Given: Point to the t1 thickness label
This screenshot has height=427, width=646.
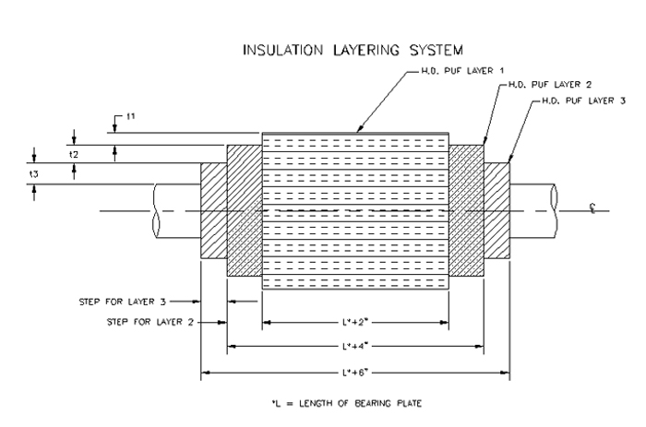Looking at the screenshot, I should point(131,117).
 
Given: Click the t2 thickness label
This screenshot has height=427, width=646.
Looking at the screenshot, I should point(74,154).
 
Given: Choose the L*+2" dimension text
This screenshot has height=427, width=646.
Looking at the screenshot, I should point(355,323).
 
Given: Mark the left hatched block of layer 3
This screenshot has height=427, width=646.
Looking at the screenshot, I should point(213,210).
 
